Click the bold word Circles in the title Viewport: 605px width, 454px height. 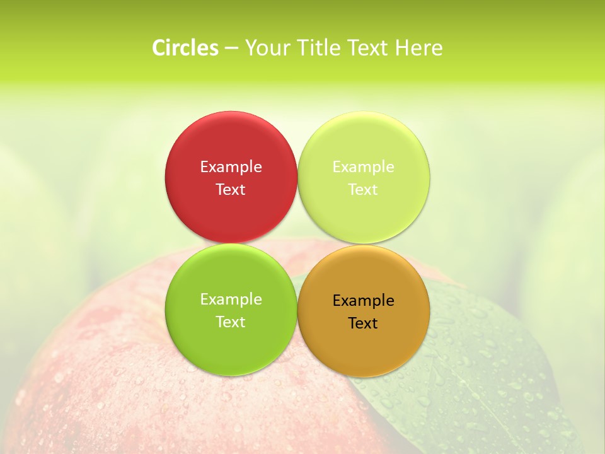[x=185, y=48]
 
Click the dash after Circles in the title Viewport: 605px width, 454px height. [x=231, y=49]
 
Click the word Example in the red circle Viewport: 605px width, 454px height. [x=231, y=167]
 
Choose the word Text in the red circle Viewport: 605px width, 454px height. [x=231, y=190]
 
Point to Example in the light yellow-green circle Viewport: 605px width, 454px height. [x=364, y=167]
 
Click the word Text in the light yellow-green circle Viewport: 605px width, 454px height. [x=364, y=190]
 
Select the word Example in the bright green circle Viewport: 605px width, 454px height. [x=231, y=300]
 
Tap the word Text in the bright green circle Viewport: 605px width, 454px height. [x=231, y=322]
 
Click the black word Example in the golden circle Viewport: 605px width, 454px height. [x=364, y=301]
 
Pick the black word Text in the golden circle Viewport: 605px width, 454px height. [x=364, y=323]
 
